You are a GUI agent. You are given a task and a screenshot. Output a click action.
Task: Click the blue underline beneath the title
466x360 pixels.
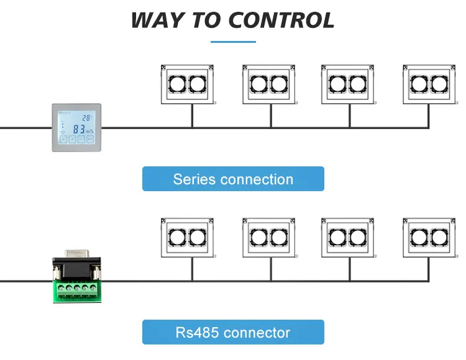pos(233,42)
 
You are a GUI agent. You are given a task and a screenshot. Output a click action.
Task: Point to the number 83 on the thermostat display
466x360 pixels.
pos(80,130)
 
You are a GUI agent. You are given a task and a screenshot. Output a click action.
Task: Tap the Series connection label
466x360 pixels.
pos(233,179)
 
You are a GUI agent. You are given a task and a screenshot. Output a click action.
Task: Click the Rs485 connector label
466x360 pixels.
pos(233,332)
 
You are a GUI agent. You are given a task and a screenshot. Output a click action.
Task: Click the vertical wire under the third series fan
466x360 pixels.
pos(349,116)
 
